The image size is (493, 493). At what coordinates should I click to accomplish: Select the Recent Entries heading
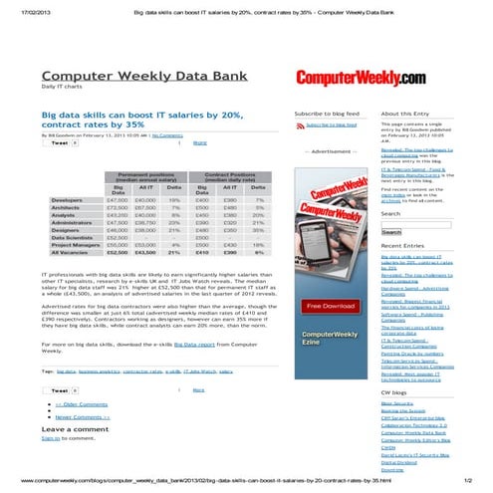(x=402, y=245)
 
